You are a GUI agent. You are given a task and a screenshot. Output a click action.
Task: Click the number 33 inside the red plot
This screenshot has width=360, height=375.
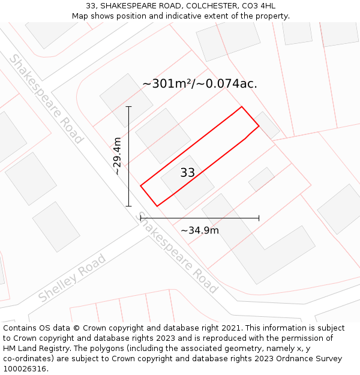[187, 173]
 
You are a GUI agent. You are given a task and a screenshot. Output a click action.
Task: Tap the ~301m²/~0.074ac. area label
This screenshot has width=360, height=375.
[200, 84]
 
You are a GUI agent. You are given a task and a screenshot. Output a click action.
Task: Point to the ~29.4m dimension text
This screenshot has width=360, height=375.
[118, 156]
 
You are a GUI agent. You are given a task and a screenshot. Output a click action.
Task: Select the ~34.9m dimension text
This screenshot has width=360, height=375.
[200, 230]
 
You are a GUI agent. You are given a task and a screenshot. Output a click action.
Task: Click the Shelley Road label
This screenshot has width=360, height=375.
[72, 278]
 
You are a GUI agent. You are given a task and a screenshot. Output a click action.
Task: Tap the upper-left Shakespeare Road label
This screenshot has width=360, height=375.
[46, 99]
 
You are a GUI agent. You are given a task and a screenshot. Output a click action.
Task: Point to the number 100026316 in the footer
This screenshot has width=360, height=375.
[24, 369]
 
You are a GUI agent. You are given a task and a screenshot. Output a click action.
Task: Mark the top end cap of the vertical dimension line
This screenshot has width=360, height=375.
[128, 107]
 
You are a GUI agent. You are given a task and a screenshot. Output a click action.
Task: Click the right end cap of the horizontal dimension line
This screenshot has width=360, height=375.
[259, 218]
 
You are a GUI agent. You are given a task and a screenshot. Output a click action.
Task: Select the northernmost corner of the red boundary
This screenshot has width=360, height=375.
[242, 107]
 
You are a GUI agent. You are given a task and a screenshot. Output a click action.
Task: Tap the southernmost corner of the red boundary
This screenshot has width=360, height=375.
[157, 206]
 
